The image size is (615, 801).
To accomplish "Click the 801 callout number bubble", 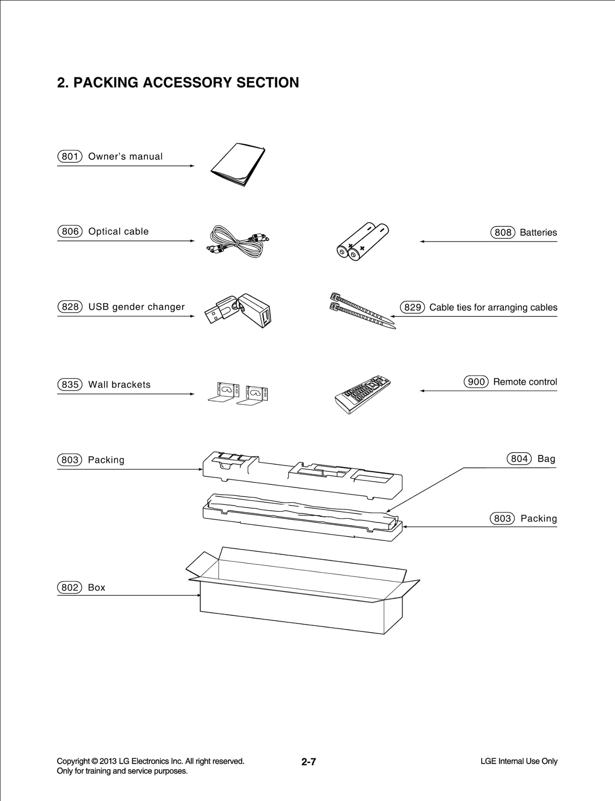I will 70,156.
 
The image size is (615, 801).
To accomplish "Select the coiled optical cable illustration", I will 238,241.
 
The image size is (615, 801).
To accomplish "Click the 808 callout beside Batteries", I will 502,233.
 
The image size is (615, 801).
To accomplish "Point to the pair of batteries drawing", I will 362,241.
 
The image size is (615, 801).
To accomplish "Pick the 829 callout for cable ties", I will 412,307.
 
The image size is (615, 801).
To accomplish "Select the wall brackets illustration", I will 238,393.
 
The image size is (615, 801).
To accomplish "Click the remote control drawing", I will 362,394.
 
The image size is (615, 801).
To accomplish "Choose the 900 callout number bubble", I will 476,382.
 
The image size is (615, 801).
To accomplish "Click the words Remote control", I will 525,382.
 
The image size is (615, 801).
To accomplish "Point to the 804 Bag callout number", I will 519,459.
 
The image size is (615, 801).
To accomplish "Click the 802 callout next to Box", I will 70,587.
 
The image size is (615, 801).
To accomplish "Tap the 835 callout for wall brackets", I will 70,384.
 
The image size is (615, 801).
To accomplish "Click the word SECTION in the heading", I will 268,83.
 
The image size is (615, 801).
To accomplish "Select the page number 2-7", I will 308,761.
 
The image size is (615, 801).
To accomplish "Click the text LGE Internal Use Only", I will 519,761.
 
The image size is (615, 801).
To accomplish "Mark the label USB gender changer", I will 136,307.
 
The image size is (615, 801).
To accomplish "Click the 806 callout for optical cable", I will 70,231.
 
